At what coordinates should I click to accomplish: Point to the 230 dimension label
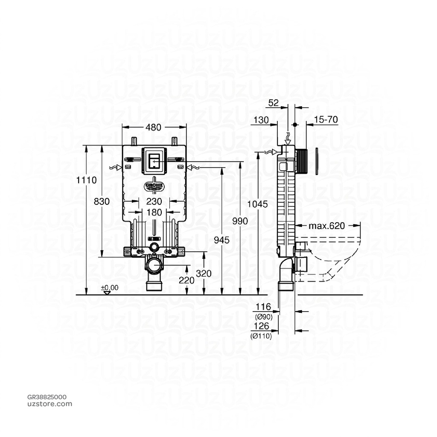coord(154,201)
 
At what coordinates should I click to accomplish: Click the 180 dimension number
coord(154,212)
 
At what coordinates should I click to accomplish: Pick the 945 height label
coord(222,240)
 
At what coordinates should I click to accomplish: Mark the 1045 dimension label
coord(259,204)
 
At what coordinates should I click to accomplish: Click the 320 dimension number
coord(204,274)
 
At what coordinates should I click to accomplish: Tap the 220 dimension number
coord(186,280)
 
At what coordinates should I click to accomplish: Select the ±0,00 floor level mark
coord(110,288)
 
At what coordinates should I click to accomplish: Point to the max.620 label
coord(327,226)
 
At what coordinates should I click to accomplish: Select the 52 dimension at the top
coord(274,102)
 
